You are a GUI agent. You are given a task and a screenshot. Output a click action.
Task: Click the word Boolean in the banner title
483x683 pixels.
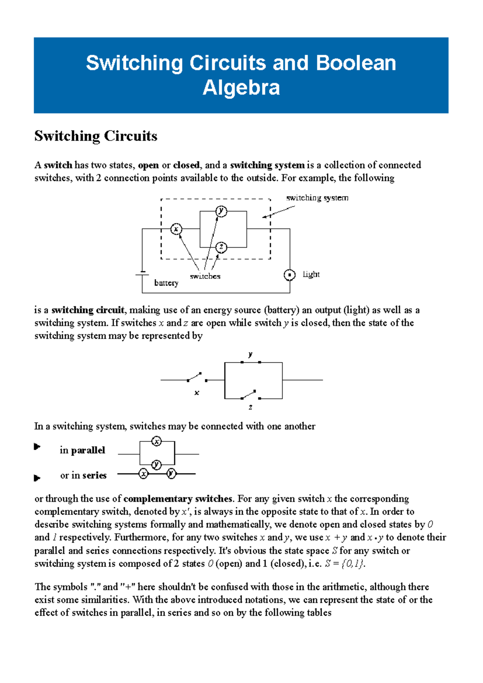coord(356,63)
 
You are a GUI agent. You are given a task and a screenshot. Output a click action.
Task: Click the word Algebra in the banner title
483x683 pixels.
coord(241,88)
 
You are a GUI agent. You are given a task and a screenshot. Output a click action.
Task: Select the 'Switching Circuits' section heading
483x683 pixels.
coord(96,136)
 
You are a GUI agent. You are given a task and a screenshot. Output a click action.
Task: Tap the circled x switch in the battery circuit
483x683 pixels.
coord(176,229)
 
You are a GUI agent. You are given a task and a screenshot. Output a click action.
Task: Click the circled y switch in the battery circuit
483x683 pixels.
coord(221,211)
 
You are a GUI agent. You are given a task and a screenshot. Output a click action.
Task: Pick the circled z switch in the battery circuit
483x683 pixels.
coord(221,247)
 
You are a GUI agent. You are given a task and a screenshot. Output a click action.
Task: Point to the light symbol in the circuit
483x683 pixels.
coord(289,275)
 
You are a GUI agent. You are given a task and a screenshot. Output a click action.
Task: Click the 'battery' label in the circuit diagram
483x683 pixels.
coord(166,283)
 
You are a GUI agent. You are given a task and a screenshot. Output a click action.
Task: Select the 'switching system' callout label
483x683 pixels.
coord(317,198)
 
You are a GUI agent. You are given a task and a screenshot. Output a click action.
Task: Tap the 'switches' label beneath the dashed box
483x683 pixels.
coord(205,276)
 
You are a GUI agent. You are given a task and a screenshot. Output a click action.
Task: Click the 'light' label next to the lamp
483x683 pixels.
coord(311,274)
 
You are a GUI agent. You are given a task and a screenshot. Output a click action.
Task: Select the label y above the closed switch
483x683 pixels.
coord(250,354)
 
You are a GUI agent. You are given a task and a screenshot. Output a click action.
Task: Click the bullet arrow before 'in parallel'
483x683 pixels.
coord(37,447)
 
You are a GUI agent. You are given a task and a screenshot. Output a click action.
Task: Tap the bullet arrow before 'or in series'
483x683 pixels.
coord(37,478)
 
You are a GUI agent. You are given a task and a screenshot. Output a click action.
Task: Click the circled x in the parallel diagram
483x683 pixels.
coord(157,441)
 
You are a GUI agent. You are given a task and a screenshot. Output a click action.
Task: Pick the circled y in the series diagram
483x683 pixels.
coord(171,474)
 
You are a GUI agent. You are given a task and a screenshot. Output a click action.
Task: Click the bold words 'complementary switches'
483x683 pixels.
coord(178,499)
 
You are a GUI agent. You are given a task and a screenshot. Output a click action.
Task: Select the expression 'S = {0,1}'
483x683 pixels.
coord(345,564)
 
